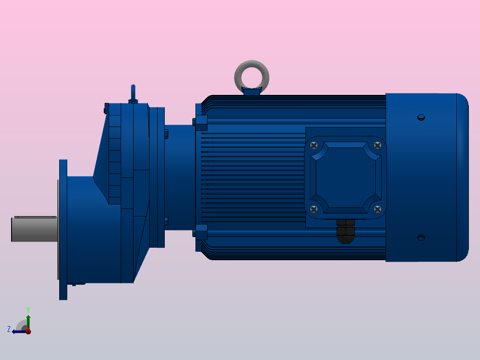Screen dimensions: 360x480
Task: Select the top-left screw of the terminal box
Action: [314, 145]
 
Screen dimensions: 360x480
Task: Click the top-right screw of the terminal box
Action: [378, 145]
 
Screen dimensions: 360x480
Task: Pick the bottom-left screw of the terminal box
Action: [314, 209]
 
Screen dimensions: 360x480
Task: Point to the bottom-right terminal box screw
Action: [378, 209]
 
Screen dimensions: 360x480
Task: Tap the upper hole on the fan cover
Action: [421, 118]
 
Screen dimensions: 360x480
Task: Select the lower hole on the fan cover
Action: [421, 237]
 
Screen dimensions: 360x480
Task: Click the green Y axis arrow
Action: [28, 320]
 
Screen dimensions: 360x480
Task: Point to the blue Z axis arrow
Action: [18, 331]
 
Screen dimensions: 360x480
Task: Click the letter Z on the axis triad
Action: [9, 329]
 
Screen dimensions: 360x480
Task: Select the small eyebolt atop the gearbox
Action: [133, 94]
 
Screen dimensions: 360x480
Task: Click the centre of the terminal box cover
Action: [346, 177]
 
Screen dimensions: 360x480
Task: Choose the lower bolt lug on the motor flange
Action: [201, 231]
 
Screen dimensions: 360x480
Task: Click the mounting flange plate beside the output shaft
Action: [63, 229]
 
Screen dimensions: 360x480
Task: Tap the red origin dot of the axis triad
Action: [28, 331]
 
